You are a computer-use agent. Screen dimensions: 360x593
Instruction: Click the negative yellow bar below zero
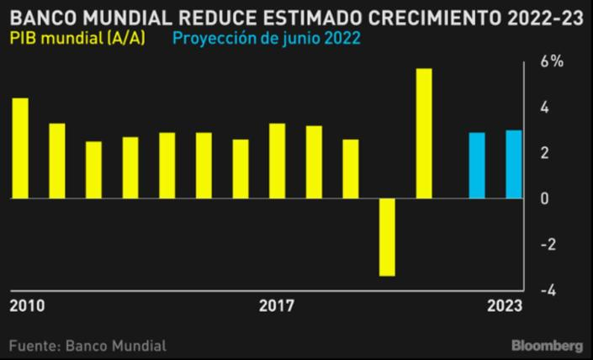(x=387, y=237)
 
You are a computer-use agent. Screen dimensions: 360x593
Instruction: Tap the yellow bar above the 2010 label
(x=20, y=148)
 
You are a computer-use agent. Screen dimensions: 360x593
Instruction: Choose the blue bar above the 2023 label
(x=513, y=164)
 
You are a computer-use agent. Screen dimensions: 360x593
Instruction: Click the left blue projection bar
(x=477, y=165)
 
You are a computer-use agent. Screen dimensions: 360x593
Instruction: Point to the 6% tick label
(x=552, y=62)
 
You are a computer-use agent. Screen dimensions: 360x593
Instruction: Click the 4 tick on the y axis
(x=546, y=108)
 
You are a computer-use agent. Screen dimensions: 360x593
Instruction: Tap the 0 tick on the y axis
(x=546, y=199)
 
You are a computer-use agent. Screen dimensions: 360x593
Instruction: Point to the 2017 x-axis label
(x=277, y=307)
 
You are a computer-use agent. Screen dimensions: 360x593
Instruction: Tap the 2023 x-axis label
(x=505, y=307)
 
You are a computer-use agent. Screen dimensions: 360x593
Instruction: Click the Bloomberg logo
(x=548, y=346)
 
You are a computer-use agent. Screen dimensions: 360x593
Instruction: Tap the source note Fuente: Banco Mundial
(x=87, y=346)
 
